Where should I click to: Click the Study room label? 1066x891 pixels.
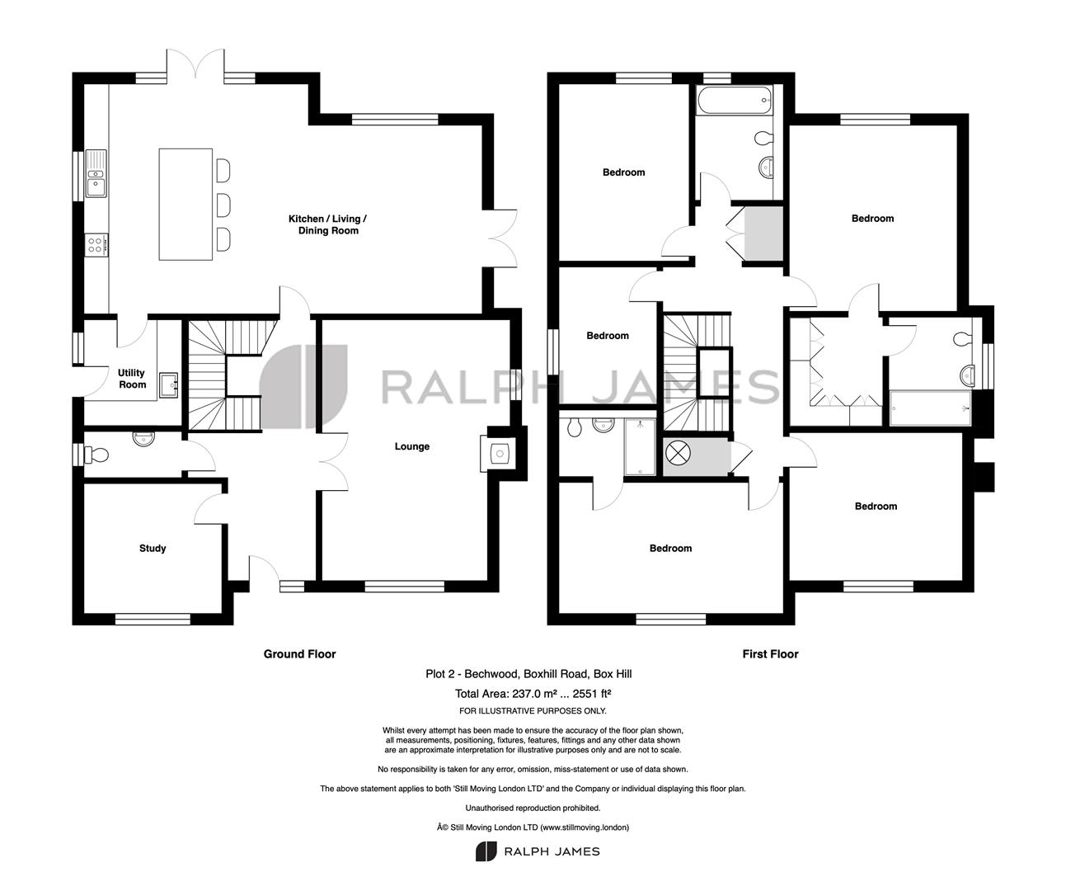click(x=153, y=548)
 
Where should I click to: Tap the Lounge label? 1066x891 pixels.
click(x=412, y=446)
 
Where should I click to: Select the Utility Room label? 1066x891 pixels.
click(x=132, y=379)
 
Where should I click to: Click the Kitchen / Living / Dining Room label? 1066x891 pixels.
click(x=328, y=224)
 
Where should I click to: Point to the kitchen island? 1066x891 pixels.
click(x=185, y=205)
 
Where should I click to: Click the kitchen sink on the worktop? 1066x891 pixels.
click(x=96, y=173)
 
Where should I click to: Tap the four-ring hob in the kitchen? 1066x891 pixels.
click(x=96, y=245)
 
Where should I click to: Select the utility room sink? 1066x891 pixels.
click(x=168, y=384)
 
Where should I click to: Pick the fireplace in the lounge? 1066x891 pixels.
click(x=498, y=453)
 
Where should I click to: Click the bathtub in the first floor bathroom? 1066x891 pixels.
click(x=735, y=101)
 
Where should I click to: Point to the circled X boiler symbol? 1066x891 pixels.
click(x=679, y=453)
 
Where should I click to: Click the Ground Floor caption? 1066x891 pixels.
click(x=300, y=654)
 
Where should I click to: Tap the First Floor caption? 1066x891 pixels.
click(x=770, y=654)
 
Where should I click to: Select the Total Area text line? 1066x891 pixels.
click(x=533, y=694)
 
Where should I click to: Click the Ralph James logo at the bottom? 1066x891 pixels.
click(x=538, y=851)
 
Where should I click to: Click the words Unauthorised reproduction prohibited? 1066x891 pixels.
click(x=533, y=808)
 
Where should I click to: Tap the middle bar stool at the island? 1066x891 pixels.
click(x=223, y=205)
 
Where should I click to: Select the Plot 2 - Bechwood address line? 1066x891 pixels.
click(x=529, y=674)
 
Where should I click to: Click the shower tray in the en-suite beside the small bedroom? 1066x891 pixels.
click(x=640, y=447)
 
